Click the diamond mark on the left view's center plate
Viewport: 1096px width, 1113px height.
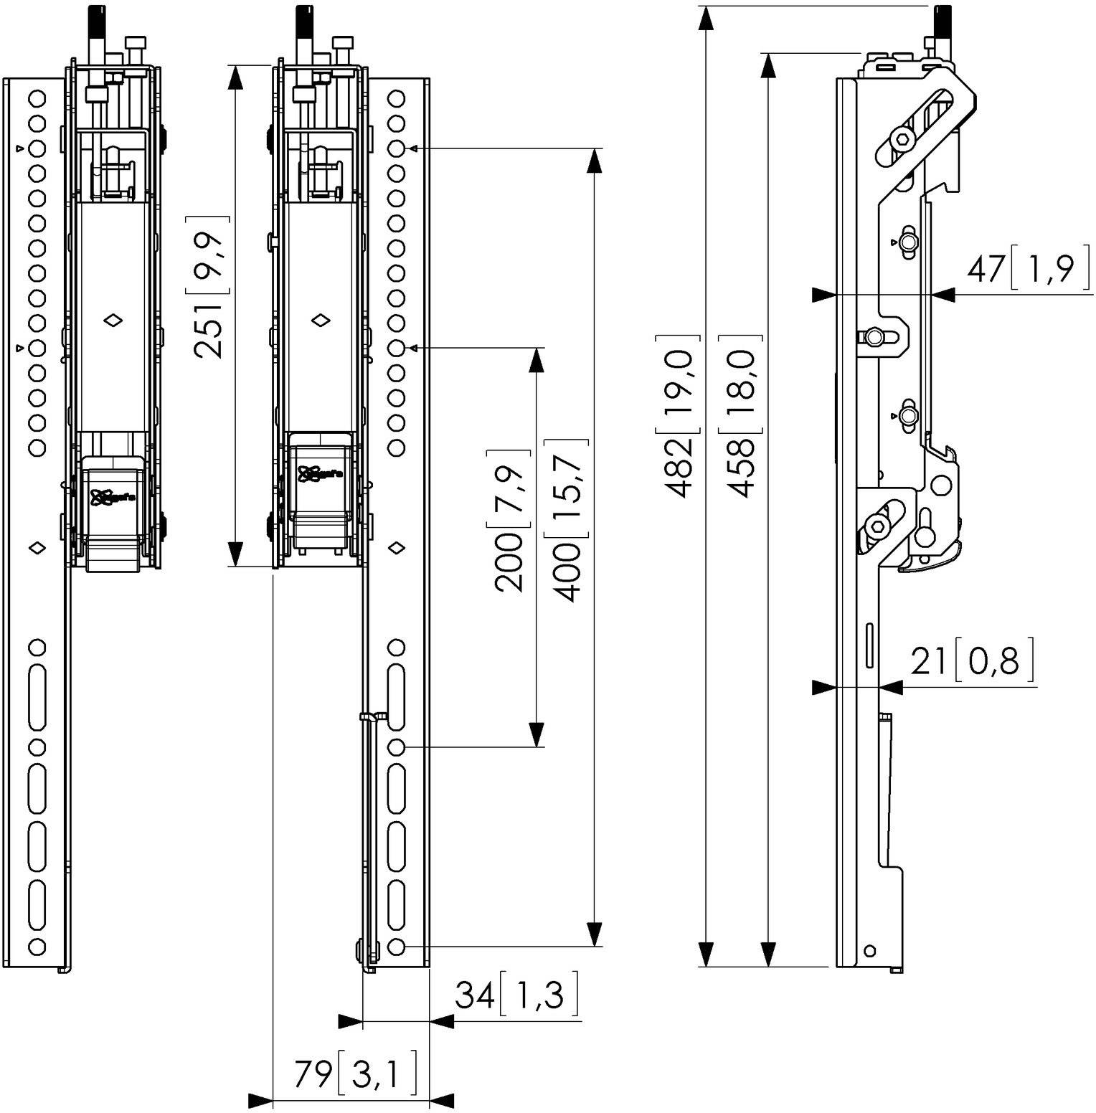[113, 321]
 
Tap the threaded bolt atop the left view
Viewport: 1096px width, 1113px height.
[95, 32]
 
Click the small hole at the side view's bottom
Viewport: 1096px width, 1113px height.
[869, 951]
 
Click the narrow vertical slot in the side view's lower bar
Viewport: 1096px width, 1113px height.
[869, 646]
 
